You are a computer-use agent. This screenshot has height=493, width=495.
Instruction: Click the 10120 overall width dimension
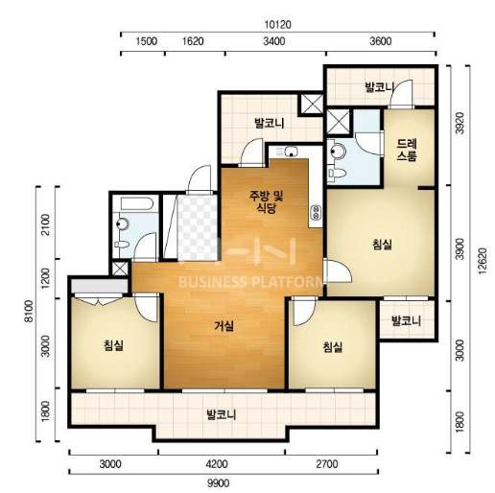click(x=277, y=25)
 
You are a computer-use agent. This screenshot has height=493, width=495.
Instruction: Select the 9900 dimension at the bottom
click(x=218, y=482)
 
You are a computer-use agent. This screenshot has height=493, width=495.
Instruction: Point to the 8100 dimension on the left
click(x=30, y=312)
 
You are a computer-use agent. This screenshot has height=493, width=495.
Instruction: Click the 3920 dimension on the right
click(x=460, y=123)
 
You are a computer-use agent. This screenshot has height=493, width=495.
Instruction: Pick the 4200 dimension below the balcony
click(x=217, y=464)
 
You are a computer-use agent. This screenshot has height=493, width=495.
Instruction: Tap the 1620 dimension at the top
click(x=193, y=41)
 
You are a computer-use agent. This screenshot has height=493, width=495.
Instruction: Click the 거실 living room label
click(x=224, y=326)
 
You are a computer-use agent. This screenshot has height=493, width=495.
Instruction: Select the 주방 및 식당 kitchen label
click(x=267, y=202)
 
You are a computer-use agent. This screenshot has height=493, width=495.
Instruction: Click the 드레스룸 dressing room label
click(x=407, y=150)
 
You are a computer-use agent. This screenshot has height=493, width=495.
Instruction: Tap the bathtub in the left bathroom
click(x=137, y=204)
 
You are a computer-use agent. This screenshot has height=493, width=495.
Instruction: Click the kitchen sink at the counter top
click(x=291, y=152)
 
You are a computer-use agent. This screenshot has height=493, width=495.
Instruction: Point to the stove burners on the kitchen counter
click(x=316, y=211)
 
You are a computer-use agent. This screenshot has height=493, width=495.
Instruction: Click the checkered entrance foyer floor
click(x=198, y=227)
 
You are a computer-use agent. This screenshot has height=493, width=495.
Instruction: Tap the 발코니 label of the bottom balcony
click(x=222, y=414)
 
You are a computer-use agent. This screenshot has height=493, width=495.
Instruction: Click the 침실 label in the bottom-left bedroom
click(x=113, y=345)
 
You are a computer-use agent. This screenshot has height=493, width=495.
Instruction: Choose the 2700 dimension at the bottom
click(x=327, y=464)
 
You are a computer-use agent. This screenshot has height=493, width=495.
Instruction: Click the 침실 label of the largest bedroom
click(x=382, y=245)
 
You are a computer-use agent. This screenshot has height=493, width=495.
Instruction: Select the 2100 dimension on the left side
click(x=47, y=224)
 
